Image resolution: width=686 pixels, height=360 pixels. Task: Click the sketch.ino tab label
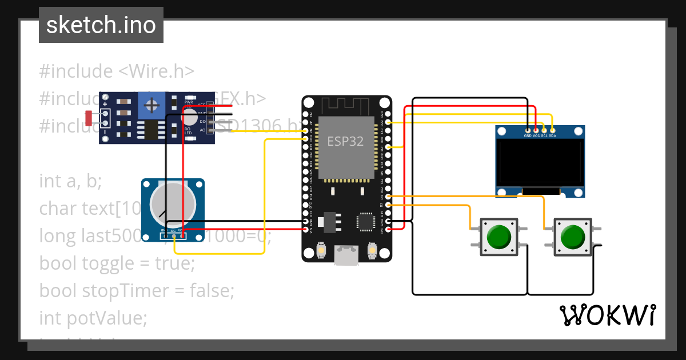pos(101,25)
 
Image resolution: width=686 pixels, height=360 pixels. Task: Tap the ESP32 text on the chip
pos(345,141)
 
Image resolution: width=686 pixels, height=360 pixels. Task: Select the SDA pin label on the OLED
pos(552,136)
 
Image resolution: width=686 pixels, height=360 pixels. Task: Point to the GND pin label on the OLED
pos(527,136)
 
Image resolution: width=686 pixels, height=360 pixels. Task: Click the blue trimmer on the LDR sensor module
pos(151,105)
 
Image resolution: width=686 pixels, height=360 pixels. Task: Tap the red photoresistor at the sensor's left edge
pos(89,118)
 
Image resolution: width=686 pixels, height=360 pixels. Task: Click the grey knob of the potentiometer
pos(172,205)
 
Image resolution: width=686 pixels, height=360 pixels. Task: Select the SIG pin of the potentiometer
pos(173,231)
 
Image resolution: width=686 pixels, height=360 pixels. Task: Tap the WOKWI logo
pos(607,315)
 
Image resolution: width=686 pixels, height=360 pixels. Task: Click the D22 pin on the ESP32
pos(388,122)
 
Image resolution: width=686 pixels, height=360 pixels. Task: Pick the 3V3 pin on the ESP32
pos(388,229)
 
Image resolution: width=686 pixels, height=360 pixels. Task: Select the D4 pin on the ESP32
pos(388,196)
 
